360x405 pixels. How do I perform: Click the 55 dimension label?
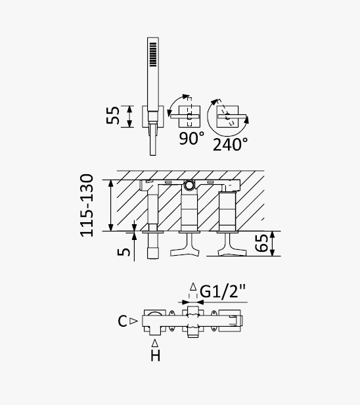click(x=113, y=116)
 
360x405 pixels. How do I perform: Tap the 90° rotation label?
click(x=192, y=138)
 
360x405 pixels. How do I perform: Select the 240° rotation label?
click(x=231, y=144)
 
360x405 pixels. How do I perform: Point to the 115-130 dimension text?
click(x=87, y=205)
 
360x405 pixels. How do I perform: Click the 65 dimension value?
click(x=261, y=243)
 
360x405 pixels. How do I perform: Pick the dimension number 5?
click(x=124, y=252)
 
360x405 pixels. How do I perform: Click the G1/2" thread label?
click(x=223, y=291)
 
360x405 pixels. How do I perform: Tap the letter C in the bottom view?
click(x=122, y=321)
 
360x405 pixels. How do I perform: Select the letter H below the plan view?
click(x=155, y=356)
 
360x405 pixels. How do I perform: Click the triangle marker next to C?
click(x=133, y=321)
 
